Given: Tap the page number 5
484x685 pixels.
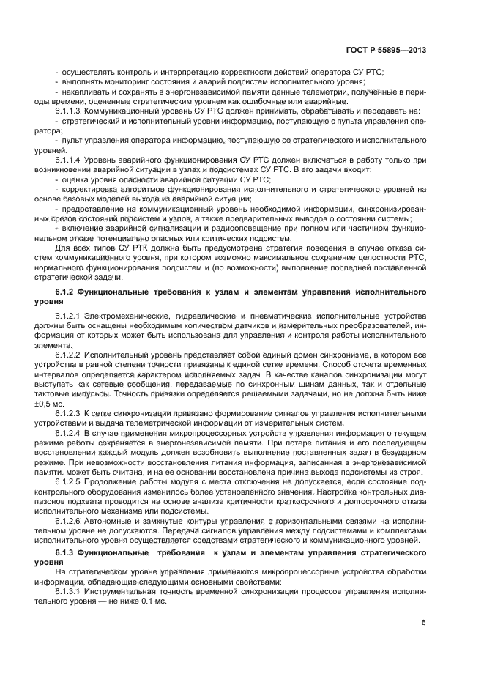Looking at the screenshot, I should click(x=424, y=623).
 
